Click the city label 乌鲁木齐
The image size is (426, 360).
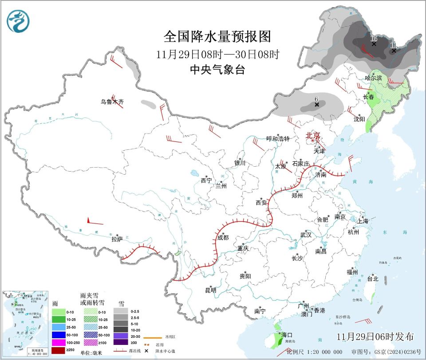[x=112, y=102]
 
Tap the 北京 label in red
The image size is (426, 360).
[x=312, y=135]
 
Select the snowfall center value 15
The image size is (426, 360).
[x=374, y=39]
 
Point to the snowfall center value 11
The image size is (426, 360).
[x=393, y=45]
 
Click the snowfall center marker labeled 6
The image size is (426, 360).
[x=317, y=105]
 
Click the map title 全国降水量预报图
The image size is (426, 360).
[x=217, y=36]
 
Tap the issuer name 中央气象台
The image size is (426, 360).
[x=217, y=70]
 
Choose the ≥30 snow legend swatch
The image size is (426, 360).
[x=121, y=342]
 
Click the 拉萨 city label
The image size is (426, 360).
[x=117, y=239]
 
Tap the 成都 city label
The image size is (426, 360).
[x=223, y=238]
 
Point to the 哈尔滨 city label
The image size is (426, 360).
[x=373, y=78]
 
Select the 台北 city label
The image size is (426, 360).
[x=372, y=279]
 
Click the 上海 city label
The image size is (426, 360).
[x=362, y=221]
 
